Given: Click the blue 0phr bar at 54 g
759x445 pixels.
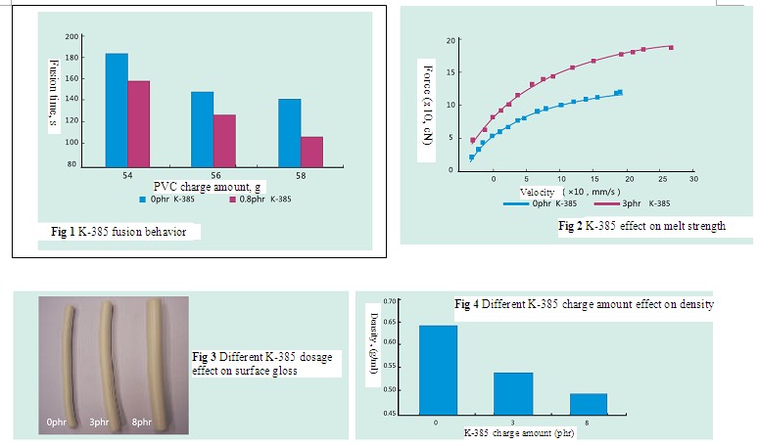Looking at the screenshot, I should [x=117, y=111].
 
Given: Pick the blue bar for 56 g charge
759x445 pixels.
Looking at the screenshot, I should [x=203, y=129].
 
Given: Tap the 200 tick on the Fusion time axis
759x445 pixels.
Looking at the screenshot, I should [x=71, y=37].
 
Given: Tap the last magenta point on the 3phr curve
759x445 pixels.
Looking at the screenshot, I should [x=671, y=47].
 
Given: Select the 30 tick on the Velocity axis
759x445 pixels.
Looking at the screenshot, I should [x=693, y=179].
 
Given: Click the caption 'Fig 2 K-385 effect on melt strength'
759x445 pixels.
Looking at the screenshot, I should [x=641, y=226].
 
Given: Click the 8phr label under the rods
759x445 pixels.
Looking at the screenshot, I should [x=142, y=423].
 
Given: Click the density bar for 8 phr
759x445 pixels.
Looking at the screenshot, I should [x=588, y=404].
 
